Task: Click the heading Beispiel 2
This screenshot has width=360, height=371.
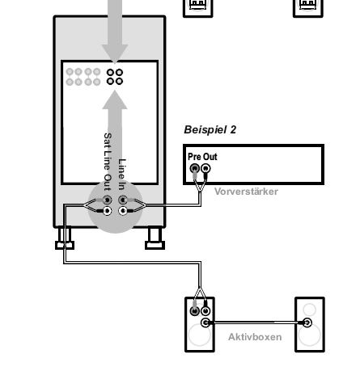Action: (x=210, y=130)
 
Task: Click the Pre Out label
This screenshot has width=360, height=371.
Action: (x=202, y=157)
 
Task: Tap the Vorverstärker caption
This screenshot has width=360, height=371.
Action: (x=246, y=192)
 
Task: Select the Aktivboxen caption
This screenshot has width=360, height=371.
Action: (x=255, y=337)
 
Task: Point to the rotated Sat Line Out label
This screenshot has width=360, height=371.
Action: (x=108, y=162)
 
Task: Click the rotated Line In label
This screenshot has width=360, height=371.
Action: (x=122, y=175)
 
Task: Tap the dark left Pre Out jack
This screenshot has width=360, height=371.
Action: (x=195, y=168)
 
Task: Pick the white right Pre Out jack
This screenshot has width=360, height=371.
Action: (x=205, y=168)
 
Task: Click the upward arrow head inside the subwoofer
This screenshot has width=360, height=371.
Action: (x=115, y=99)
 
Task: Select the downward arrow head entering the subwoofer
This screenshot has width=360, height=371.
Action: (x=115, y=53)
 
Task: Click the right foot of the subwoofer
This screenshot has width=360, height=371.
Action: (x=155, y=238)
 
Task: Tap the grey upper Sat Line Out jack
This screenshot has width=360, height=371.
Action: (x=107, y=200)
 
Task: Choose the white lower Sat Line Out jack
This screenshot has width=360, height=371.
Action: (x=107, y=211)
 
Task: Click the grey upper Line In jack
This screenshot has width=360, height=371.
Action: (x=123, y=200)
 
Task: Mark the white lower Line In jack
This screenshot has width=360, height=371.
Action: (x=123, y=211)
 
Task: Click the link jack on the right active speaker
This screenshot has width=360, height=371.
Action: (x=307, y=323)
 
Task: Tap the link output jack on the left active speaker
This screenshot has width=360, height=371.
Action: (x=205, y=323)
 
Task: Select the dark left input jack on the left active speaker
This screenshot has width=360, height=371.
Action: (x=194, y=311)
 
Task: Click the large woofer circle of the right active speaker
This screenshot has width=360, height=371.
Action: (x=310, y=335)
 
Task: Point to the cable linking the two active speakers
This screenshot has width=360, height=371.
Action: (x=256, y=322)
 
